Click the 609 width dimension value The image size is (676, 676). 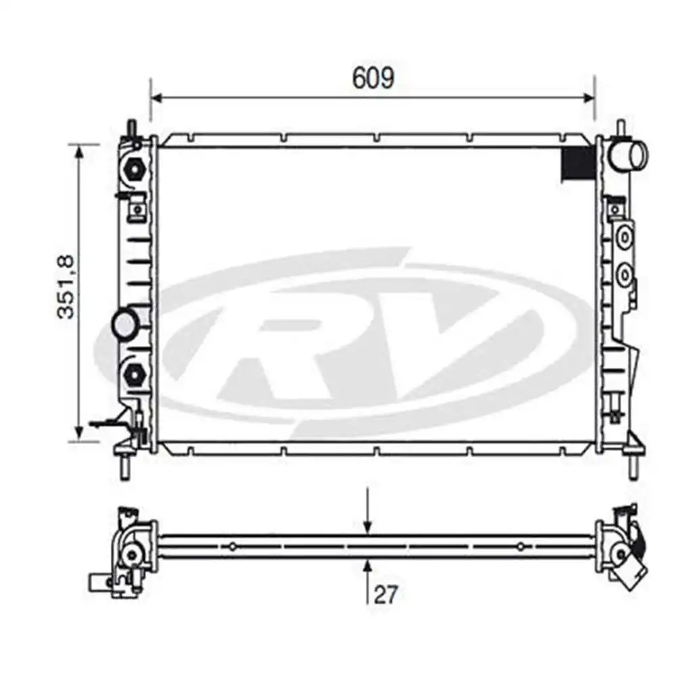(373, 78)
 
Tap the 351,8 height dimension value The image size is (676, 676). (66, 287)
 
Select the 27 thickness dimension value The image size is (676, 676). (385, 595)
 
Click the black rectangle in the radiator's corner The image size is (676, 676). (578, 164)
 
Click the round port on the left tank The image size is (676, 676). (124, 323)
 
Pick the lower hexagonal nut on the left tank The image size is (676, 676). (135, 373)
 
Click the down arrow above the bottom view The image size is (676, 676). (367, 510)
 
